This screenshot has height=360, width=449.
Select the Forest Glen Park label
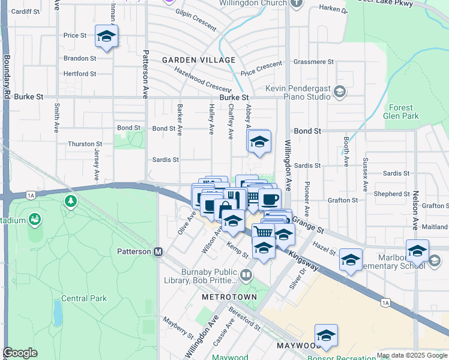pos(400,112)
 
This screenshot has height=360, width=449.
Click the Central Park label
pos(84,298)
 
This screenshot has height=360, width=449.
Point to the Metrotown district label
pos(229,297)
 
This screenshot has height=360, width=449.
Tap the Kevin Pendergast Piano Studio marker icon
pos(340,92)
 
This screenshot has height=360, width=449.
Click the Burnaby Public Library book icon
pos(246,275)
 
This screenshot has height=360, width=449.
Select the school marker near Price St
pos(106,37)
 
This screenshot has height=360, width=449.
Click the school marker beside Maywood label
pos(326,337)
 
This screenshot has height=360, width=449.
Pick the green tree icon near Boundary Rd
pos(71,200)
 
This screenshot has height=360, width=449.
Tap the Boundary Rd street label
pos(7,77)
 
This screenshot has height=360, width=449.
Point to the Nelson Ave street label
pos(415,211)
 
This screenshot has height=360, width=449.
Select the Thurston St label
pos(81,144)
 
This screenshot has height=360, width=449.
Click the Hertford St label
pos(80,74)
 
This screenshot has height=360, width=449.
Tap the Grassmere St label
pos(314,62)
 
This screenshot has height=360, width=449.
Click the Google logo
pos(20,353)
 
